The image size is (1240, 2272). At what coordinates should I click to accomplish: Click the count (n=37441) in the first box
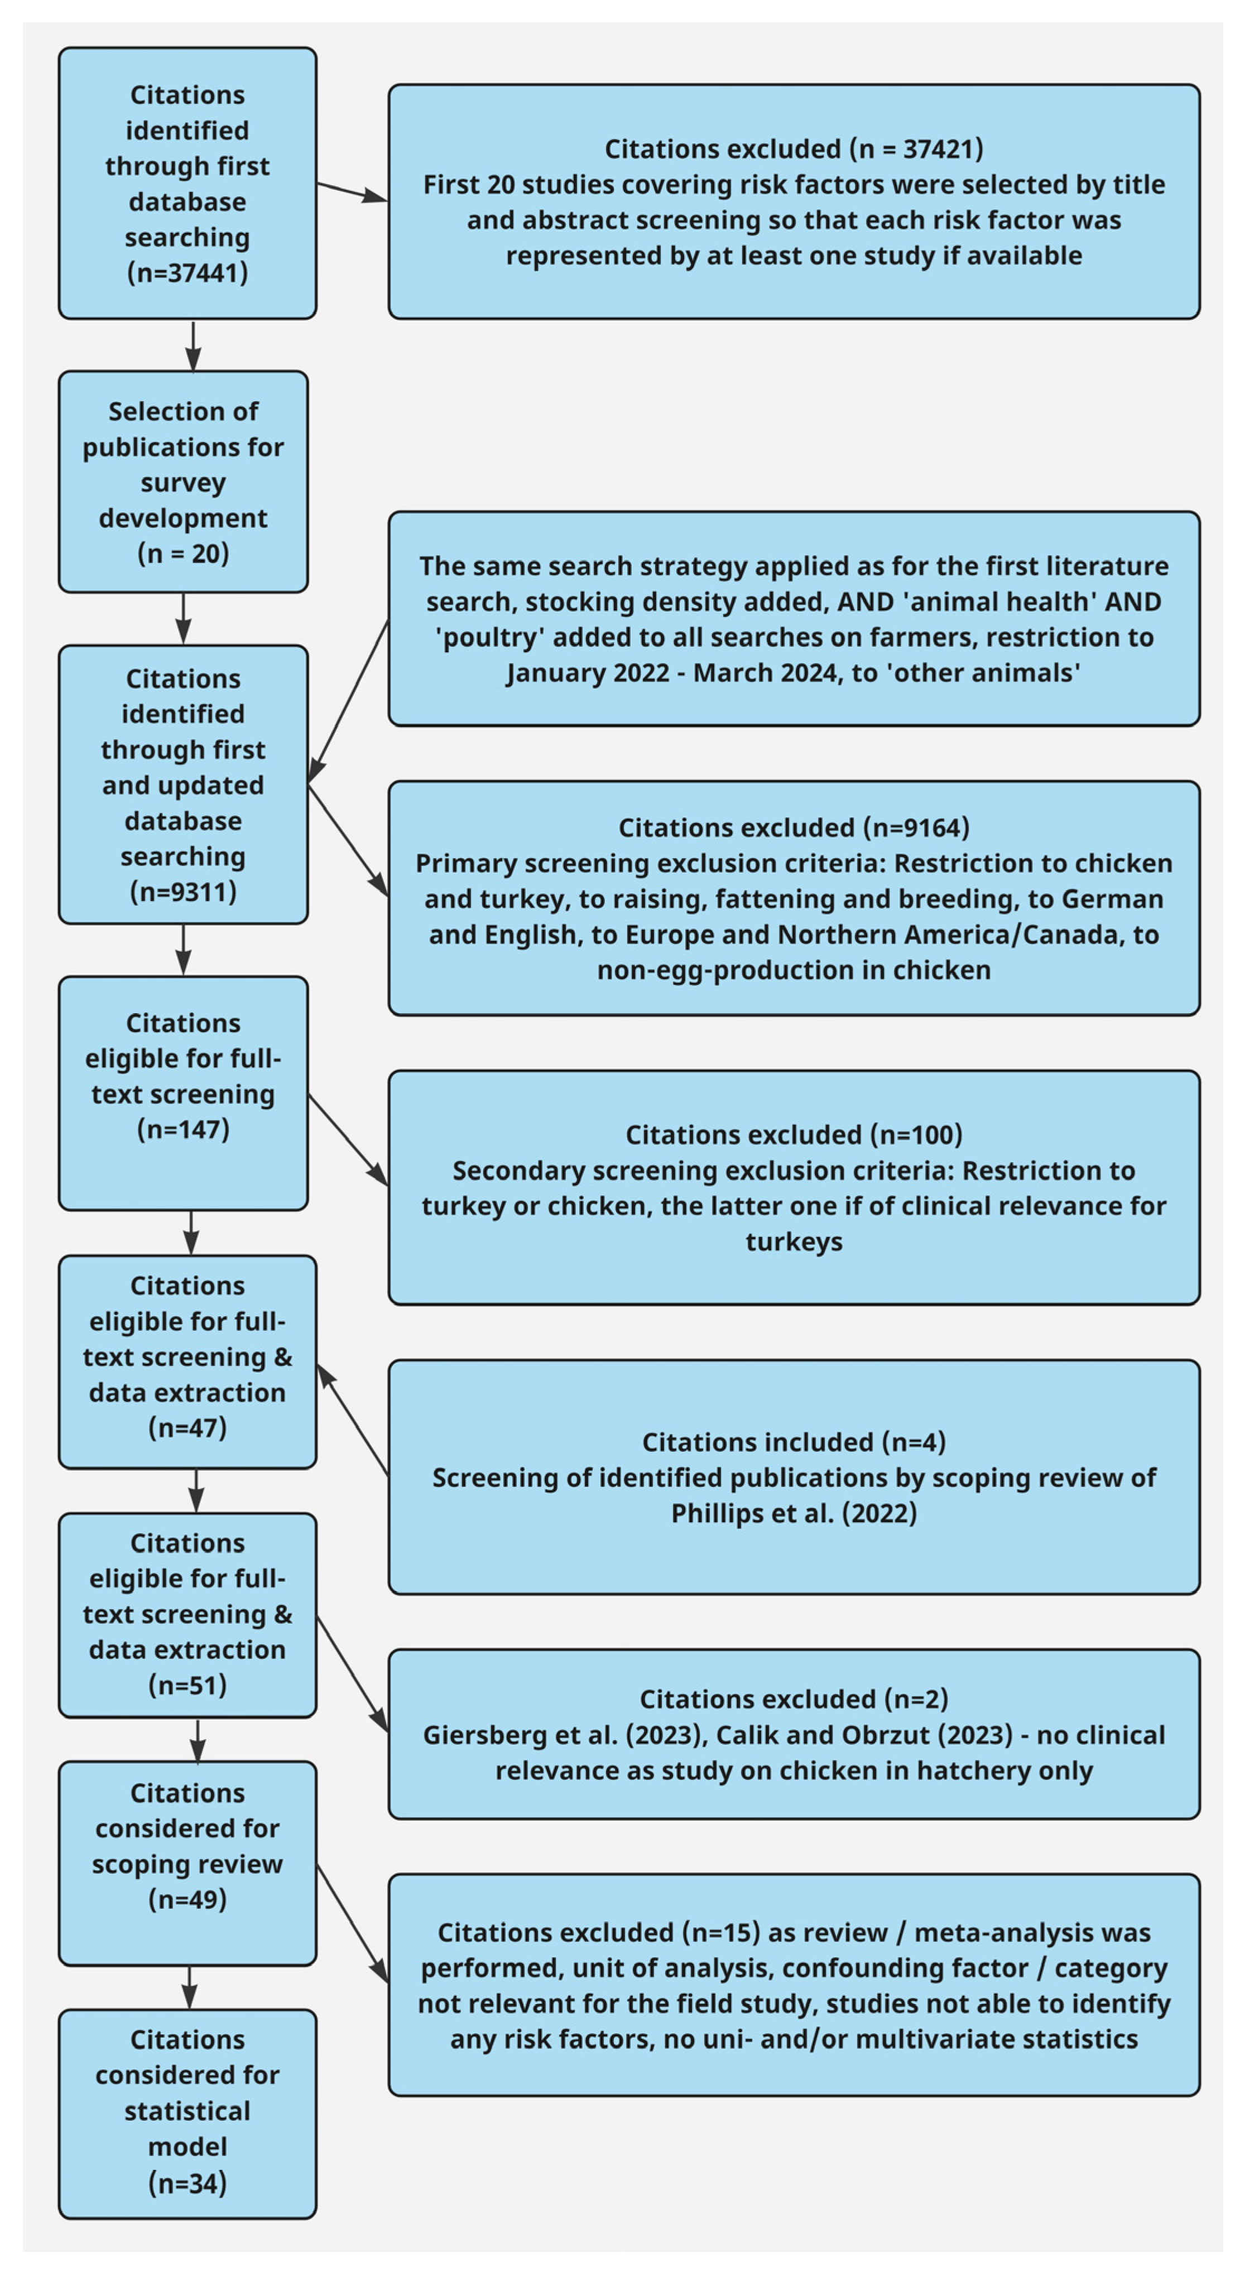187,272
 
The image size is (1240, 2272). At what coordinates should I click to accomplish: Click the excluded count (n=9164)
917,827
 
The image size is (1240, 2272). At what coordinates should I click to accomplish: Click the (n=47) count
187,1427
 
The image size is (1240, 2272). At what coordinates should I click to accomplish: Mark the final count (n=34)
187,2183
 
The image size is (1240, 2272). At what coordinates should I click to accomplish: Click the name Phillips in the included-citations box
717,1514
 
